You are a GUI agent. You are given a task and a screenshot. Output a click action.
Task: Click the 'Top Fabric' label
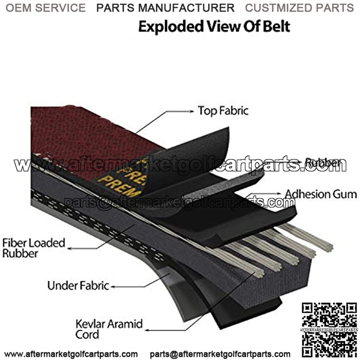click(x=223, y=111)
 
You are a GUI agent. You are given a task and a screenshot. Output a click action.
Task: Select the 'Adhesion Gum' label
click(x=320, y=194)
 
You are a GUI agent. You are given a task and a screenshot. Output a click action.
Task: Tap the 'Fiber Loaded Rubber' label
click(x=33, y=248)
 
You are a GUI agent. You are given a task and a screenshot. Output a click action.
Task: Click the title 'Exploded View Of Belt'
click(x=214, y=26)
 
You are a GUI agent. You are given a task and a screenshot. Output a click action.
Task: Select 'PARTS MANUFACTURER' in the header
click(x=166, y=8)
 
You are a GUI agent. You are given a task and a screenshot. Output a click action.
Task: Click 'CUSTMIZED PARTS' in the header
click(x=299, y=8)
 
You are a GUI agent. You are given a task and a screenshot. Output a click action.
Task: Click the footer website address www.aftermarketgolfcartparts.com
click(x=71, y=354)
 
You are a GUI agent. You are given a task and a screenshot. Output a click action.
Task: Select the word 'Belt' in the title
click(x=275, y=26)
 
